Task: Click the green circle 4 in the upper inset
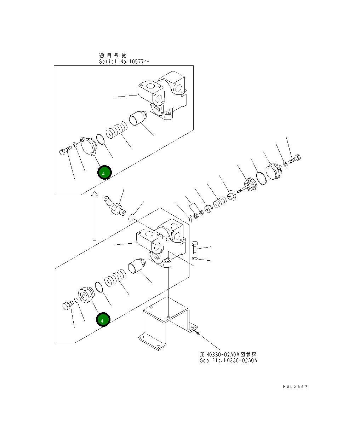[104, 173]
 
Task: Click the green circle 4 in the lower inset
[103, 320]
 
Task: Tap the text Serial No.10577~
[124, 62]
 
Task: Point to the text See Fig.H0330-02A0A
[228, 360]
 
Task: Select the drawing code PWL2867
[295, 387]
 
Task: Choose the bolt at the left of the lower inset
[67, 304]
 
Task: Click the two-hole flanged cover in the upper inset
[88, 146]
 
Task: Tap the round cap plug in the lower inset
[85, 295]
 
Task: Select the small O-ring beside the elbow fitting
[132, 217]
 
